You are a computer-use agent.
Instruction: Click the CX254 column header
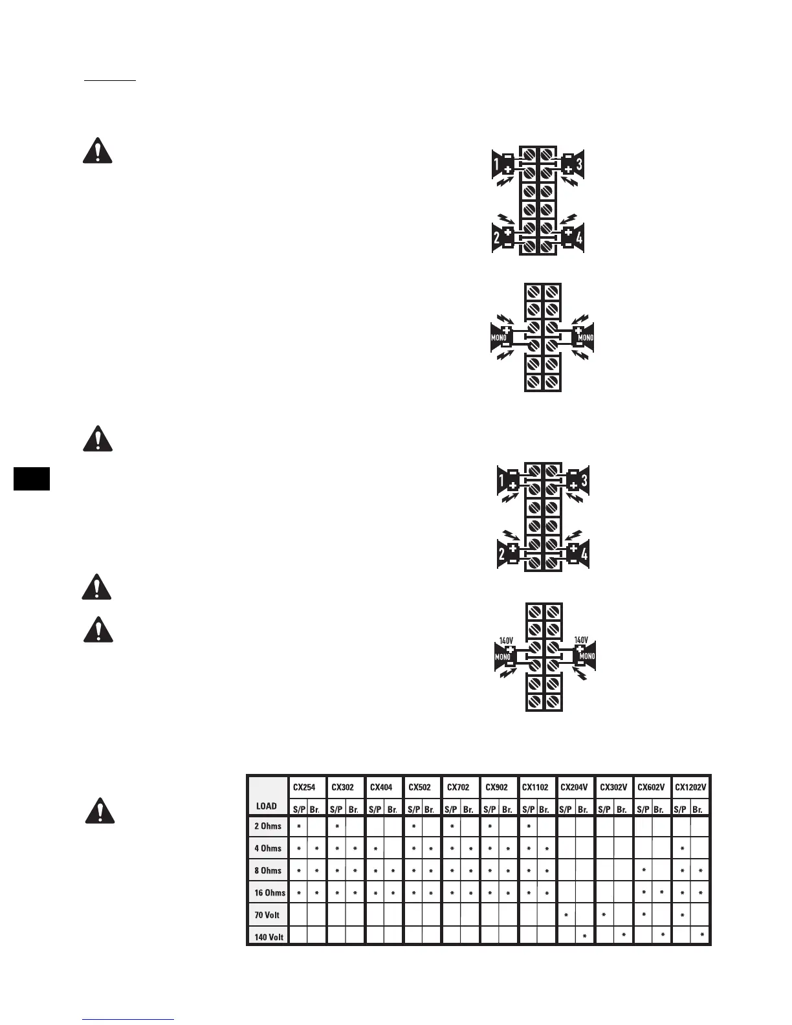304,788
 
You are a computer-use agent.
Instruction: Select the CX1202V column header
691,788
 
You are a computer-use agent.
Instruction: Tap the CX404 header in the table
381,788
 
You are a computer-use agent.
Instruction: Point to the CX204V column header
574,788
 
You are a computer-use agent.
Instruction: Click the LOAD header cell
267,806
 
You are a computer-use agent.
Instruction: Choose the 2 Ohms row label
268,826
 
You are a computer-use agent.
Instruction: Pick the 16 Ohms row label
270,892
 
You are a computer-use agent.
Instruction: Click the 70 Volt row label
267,915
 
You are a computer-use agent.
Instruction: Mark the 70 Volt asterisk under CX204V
566,915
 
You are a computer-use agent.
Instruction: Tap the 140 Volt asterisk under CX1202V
701,936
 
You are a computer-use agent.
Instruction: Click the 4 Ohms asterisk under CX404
375,849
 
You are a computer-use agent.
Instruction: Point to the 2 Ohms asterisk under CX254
298,827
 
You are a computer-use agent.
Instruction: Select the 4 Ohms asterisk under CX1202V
683,849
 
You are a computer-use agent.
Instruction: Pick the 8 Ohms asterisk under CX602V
644,870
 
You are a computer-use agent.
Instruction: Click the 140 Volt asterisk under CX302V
623,936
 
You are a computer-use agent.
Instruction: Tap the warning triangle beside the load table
100,811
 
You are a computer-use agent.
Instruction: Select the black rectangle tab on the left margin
31,479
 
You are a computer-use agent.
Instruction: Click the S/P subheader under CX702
451,810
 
